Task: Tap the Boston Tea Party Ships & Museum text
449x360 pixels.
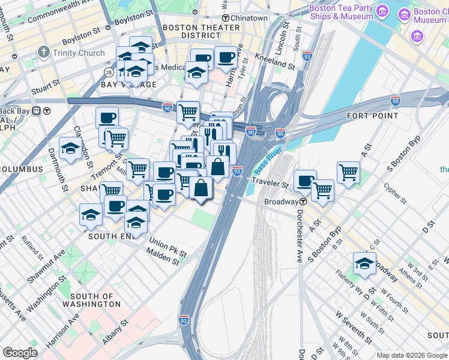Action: point(341,13)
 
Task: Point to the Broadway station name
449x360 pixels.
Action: point(282,202)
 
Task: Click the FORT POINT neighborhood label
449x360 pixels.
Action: point(373,115)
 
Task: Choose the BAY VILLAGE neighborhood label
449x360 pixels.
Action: point(128,85)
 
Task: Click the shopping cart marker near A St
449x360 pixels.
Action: point(348,172)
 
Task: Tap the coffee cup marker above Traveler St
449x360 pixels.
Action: point(305,180)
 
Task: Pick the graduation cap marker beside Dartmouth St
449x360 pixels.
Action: point(70,148)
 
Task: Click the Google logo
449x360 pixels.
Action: point(20,353)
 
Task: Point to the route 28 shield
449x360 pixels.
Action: point(109,73)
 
